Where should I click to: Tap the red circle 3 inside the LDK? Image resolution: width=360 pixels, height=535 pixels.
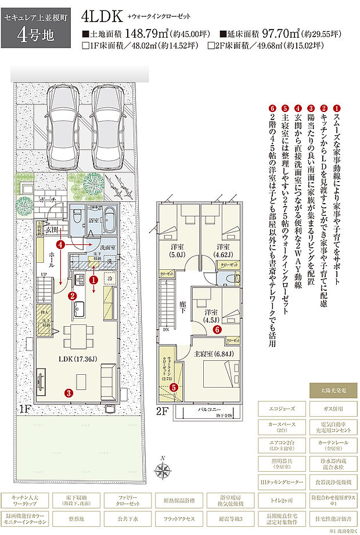(69, 393)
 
